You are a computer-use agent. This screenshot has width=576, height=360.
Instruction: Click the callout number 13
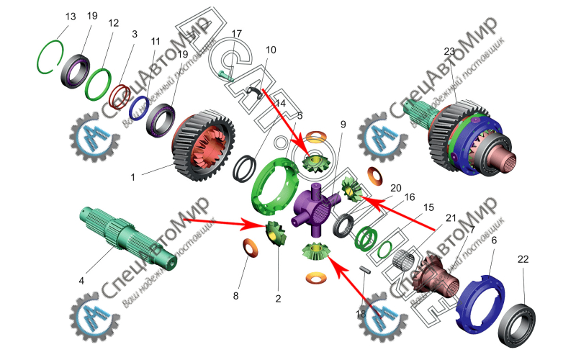point(70,16)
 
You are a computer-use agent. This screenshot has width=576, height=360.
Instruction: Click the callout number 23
point(451,51)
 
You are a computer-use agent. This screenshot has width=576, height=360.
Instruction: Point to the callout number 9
point(343,125)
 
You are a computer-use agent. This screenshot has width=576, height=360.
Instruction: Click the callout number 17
point(237,33)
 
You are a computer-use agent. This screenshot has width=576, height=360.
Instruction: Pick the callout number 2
point(279,297)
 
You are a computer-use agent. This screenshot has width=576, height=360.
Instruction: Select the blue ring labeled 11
point(138,108)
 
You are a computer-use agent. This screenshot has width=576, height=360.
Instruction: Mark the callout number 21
point(451,217)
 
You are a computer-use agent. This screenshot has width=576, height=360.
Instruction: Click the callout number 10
point(271,50)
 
